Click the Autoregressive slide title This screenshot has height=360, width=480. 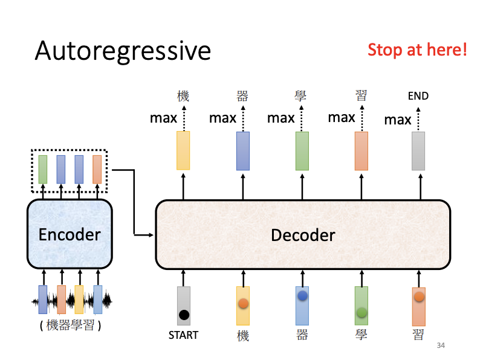click(x=123, y=51)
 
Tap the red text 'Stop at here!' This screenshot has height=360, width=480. click(x=417, y=50)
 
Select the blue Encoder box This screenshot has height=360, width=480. click(x=70, y=234)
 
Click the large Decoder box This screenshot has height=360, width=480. click(x=303, y=234)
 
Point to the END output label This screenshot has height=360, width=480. click(x=418, y=96)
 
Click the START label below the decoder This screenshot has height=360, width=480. click(x=183, y=335)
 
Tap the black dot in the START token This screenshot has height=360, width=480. click(x=184, y=315)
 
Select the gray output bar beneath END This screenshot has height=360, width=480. click(x=418, y=150)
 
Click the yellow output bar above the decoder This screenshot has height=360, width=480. click(x=183, y=150)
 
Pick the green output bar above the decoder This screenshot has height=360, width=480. click(x=302, y=150)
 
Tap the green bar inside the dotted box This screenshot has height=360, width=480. click(x=42, y=169)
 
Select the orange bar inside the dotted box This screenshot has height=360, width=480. click(x=97, y=169)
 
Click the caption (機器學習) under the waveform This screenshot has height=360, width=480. click(x=70, y=326)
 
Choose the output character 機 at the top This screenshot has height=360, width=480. click(x=183, y=95)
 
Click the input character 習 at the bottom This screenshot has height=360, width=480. click(x=418, y=335)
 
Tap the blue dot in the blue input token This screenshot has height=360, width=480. click(x=302, y=296)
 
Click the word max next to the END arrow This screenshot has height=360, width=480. click(x=398, y=120)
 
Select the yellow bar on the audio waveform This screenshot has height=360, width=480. click(x=79, y=299)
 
